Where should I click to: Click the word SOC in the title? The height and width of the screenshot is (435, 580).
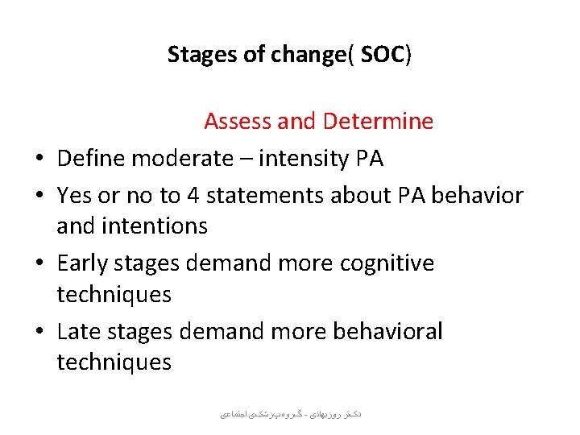(x=383, y=55)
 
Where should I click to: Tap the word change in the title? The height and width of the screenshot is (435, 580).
(x=305, y=55)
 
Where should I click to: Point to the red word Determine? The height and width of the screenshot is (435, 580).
(x=378, y=122)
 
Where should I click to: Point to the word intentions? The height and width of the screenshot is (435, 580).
(x=155, y=226)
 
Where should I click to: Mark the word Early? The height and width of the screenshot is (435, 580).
(x=84, y=263)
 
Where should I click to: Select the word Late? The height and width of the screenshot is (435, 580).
(x=80, y=331)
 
